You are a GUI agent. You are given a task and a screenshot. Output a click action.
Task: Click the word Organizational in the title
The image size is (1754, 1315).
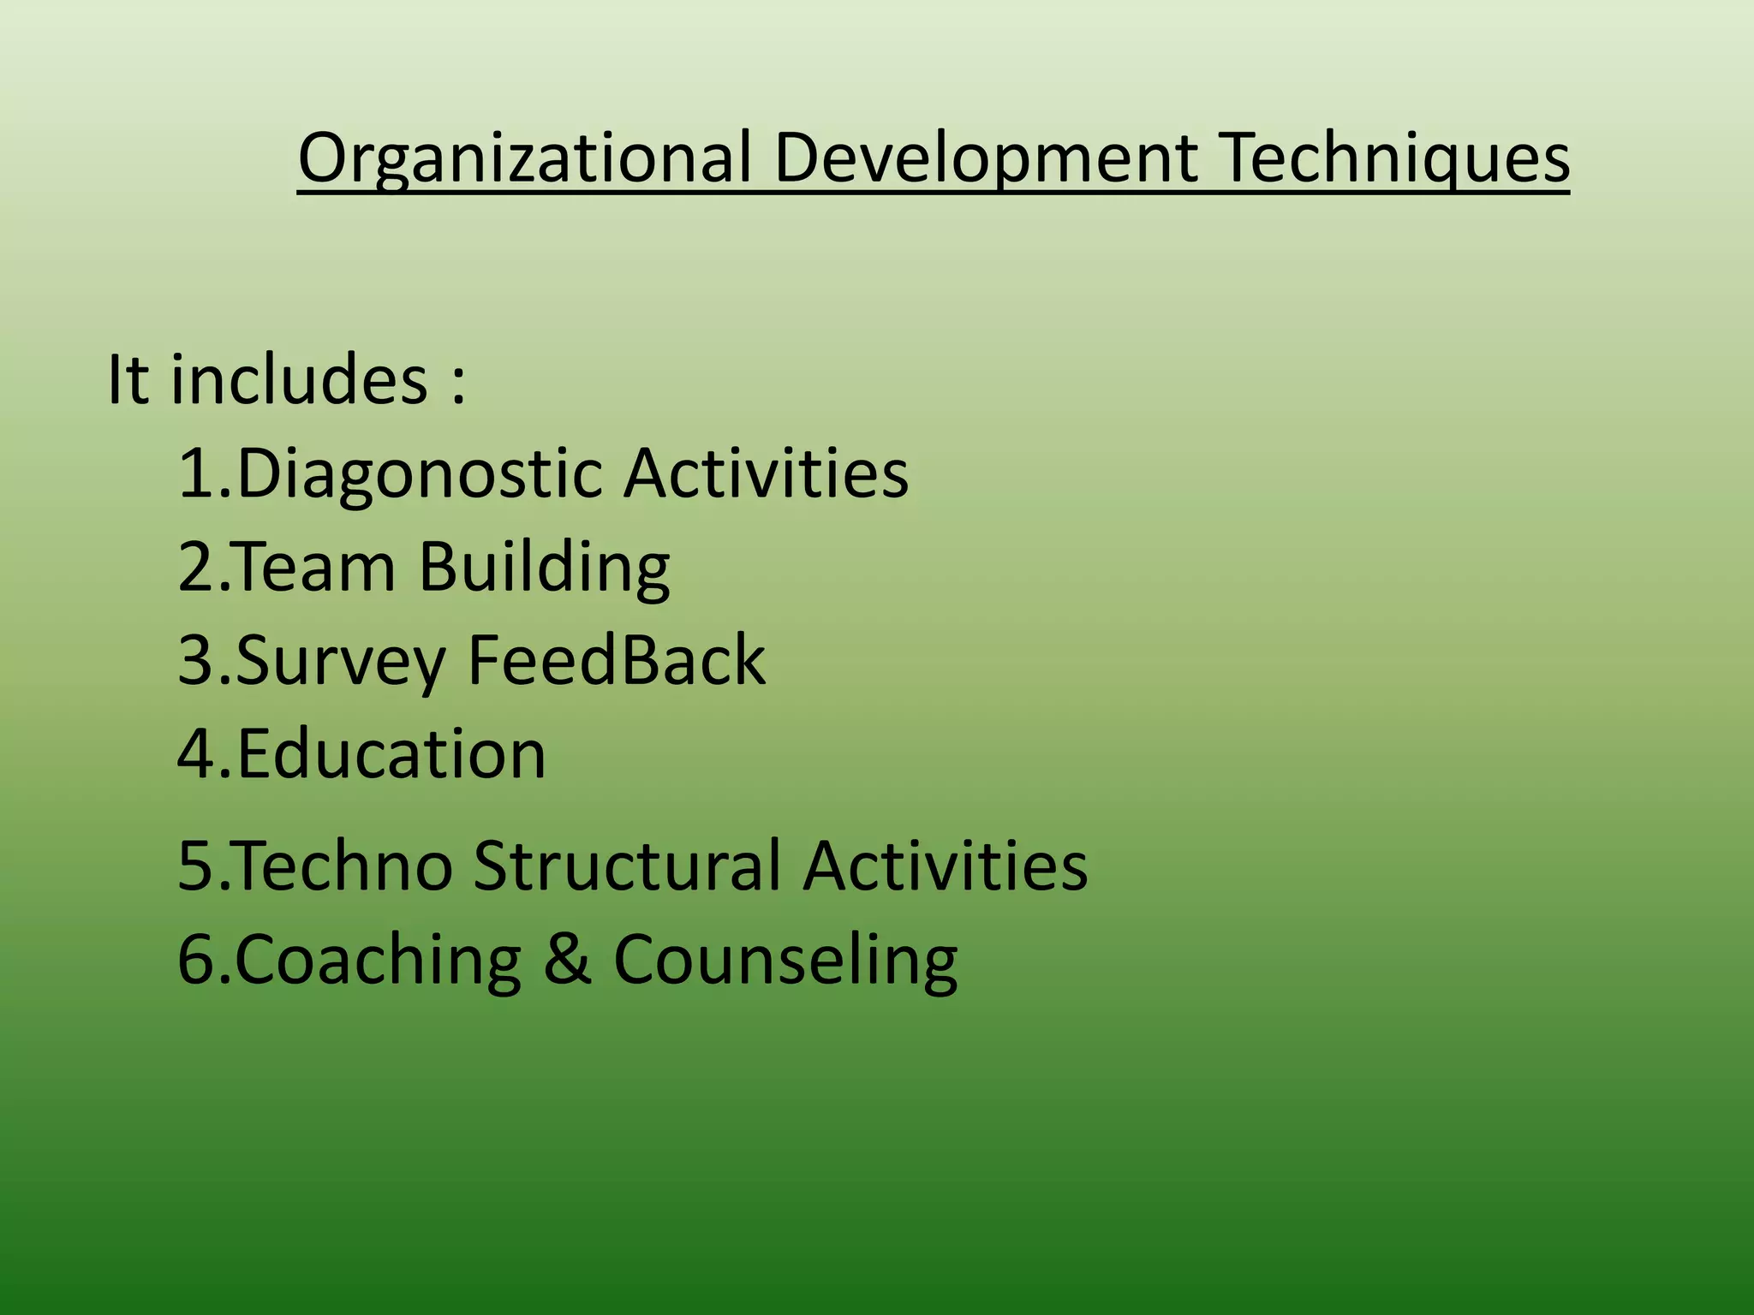tap(524, 158)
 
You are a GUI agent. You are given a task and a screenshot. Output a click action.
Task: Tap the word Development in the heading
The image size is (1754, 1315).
tap(986, 158)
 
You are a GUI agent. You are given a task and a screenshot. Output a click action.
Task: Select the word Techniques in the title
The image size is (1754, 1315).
tap(1393, 158)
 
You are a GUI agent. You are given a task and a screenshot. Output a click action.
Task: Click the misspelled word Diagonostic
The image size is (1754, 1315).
tap(419, 473)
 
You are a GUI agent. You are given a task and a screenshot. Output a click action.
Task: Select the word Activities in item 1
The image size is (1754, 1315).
tap(766, 473)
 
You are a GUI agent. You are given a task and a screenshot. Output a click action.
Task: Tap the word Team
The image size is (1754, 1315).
tap(314, 567)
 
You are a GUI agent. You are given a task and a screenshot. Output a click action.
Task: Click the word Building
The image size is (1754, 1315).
tap(545, 568)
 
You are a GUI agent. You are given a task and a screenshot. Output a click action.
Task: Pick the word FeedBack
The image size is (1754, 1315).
tap(617, 660)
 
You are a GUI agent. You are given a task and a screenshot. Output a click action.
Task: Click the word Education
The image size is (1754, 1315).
tap(391, 754)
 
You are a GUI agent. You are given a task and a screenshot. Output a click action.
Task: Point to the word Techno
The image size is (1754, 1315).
tap(343, 866)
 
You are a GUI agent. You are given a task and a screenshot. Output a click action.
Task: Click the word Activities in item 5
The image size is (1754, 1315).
tap(946, 866)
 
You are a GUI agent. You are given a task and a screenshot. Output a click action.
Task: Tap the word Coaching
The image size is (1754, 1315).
tap(379, 961)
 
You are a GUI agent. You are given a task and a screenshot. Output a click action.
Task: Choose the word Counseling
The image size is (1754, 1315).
tap(785, 961)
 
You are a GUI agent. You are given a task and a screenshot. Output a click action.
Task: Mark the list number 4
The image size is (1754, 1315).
tap(196, 754)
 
